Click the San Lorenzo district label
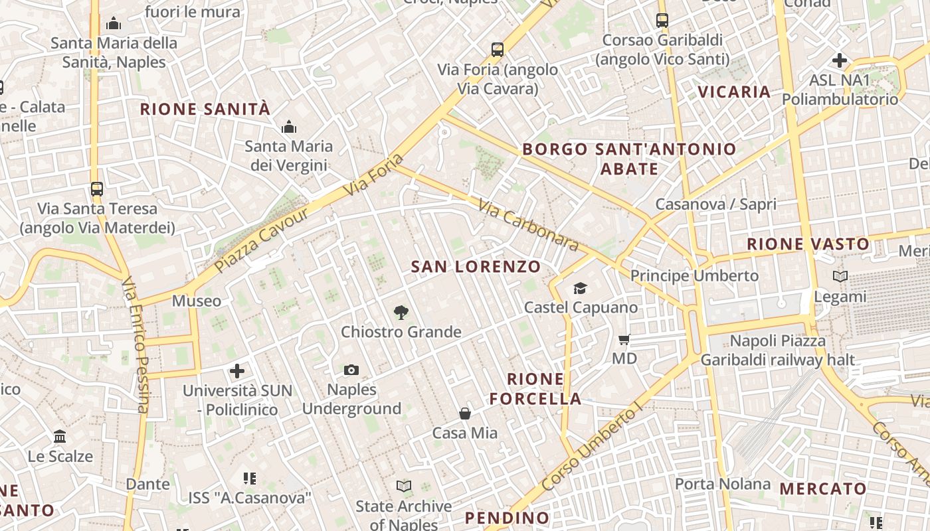click(476, 267)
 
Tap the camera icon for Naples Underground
click(351, 370)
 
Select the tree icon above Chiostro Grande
click(401, 312)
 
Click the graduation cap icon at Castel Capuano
click(581, 288)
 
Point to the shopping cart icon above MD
click(624, 340)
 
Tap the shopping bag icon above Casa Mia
click(465, 414)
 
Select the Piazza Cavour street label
click(262, 240)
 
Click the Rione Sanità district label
click(205, 109)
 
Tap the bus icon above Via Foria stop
click(497, 49)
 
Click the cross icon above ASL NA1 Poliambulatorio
click(839, 60)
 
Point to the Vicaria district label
click(734, 92)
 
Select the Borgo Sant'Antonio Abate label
click(629, 159)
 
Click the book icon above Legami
click(840, 276)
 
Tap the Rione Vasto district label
click(808, 244)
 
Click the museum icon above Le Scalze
click(60, 436)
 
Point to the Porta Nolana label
click(722, 484)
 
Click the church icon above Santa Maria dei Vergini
click(289, 126)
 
